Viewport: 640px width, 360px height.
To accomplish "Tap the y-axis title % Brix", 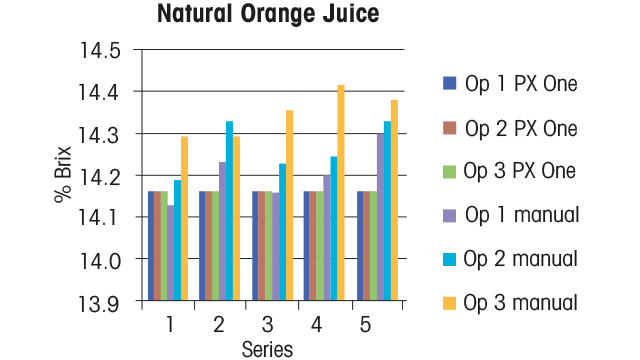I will (x=62, y=175).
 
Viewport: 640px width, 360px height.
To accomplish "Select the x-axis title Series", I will (x=267, y=349).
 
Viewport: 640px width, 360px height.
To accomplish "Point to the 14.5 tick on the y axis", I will (x=103, y=50).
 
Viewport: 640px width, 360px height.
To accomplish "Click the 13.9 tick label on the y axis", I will (x=103, y=301).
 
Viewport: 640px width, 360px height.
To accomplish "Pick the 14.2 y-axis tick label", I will (x=103, y=176).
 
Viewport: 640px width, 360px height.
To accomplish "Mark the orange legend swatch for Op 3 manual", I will (x=449, y=301).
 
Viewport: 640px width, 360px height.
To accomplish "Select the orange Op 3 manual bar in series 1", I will (x=184, y=218).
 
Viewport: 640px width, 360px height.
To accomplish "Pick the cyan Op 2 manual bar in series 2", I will (x=229, y=210).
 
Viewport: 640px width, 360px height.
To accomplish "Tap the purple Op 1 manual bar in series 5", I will (x=379, y=216).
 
